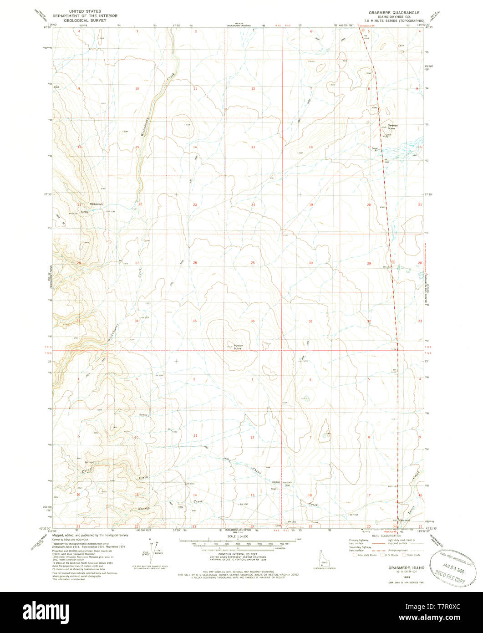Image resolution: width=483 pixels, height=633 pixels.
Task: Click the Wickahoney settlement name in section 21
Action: tap(97, 204)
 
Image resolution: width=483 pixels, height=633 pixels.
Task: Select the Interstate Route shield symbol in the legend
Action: tap(355, 555)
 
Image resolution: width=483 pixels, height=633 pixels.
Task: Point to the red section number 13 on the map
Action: tap(253, 147)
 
